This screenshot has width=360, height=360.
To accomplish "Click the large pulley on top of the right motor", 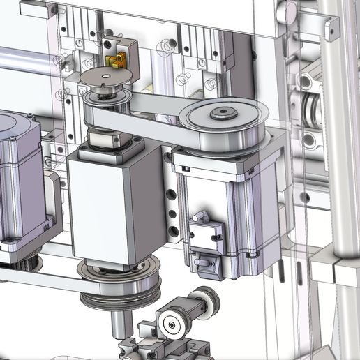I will [x=222, y=124].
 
